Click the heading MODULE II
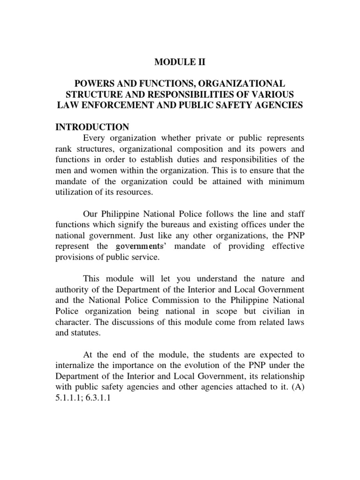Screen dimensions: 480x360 (180, 62)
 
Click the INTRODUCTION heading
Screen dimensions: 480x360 (92, 127)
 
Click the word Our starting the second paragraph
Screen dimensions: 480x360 (91, 214)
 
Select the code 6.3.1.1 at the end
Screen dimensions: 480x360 (100, 397)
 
